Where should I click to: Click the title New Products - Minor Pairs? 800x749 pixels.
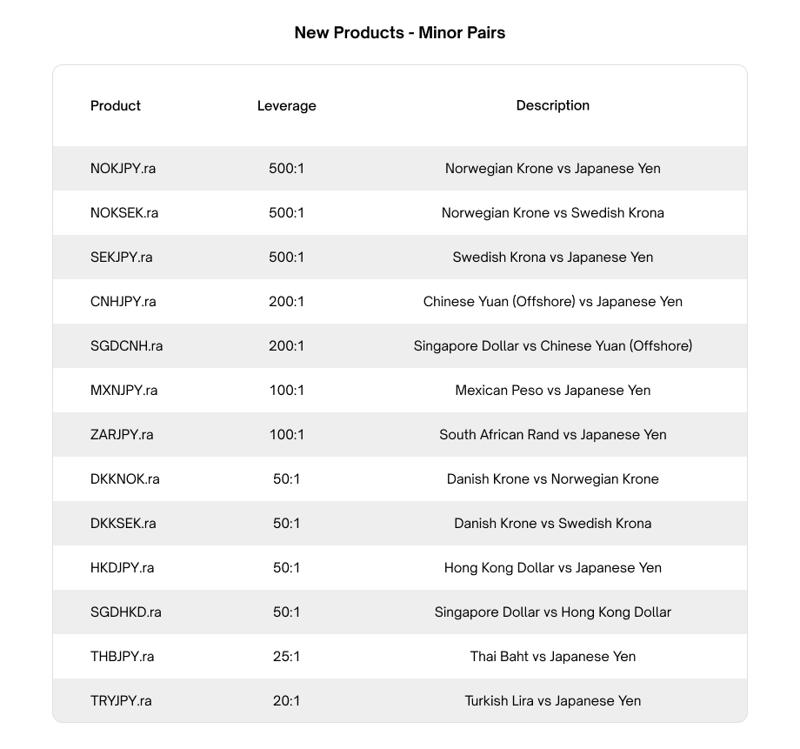(399, 33)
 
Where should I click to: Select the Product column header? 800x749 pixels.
(115, 105)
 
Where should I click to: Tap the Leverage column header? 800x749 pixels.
(286, 106)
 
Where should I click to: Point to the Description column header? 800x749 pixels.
(552, 105)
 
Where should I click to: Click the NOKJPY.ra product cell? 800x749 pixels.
(123, 169)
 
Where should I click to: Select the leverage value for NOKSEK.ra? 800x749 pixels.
(286, 213)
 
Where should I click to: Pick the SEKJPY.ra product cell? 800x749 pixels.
(121, 257)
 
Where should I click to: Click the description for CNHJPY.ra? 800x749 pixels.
(552, 302)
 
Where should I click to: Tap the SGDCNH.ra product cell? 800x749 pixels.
(126, 346)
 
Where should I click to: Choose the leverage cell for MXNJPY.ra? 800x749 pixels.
(286, 391)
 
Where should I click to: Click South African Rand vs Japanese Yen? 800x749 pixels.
(552, 435)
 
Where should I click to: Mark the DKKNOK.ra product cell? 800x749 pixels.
(124, 479)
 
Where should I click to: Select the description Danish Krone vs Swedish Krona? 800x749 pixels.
(552, 524)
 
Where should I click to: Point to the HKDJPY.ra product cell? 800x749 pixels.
(122, 568)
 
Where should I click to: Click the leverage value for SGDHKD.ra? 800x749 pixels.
(286, 612)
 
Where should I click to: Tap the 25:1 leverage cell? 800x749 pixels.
(286, 657)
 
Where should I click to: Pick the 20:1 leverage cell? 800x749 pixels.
(286, 701)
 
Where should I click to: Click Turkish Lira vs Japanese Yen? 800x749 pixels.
(552, 701)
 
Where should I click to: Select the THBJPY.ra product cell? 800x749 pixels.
(122, 657)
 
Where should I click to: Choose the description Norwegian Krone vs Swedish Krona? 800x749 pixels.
(552, 213)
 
